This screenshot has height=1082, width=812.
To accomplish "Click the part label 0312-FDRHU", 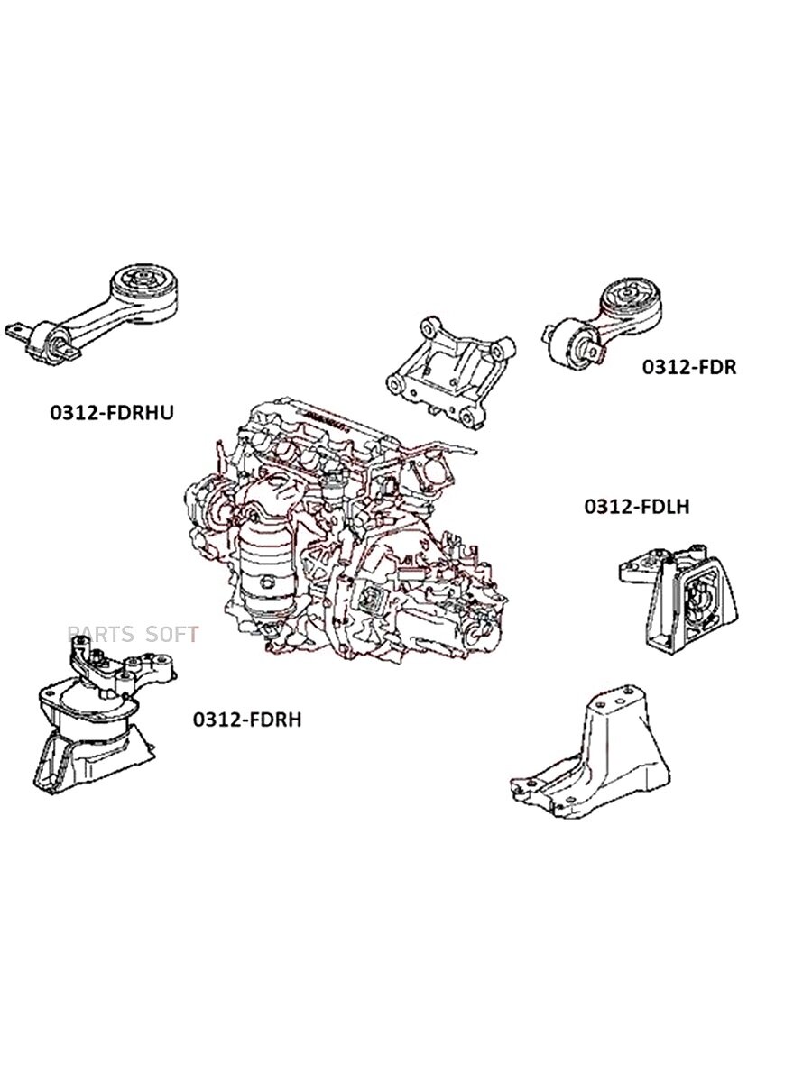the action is click(112, 413).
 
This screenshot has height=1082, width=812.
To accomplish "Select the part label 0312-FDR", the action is click(688, 367).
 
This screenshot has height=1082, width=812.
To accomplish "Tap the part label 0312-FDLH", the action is click(637, 506).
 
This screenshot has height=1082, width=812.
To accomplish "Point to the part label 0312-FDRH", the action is click(247, 720).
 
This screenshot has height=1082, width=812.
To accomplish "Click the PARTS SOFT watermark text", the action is click(134, 635).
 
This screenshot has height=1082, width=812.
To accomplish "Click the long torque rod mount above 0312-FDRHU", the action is click(92, 316).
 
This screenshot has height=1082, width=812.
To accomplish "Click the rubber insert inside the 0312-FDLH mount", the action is click(698, 600).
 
